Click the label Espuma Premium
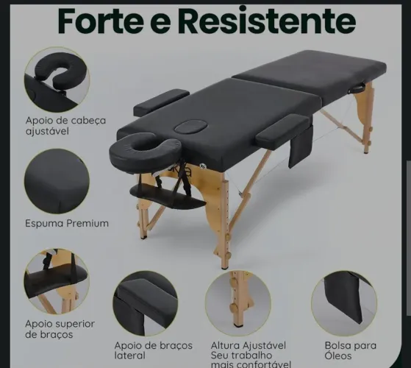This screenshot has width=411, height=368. (67, 223)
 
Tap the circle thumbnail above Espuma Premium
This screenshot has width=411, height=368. (57, 181)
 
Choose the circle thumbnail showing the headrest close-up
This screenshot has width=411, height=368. (57, 79)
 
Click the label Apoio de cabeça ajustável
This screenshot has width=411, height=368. (65, 126)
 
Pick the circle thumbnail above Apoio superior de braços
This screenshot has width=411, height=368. (57, 282)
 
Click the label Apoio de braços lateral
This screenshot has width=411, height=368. (153, 351)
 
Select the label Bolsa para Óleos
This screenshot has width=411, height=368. (350, 350)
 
